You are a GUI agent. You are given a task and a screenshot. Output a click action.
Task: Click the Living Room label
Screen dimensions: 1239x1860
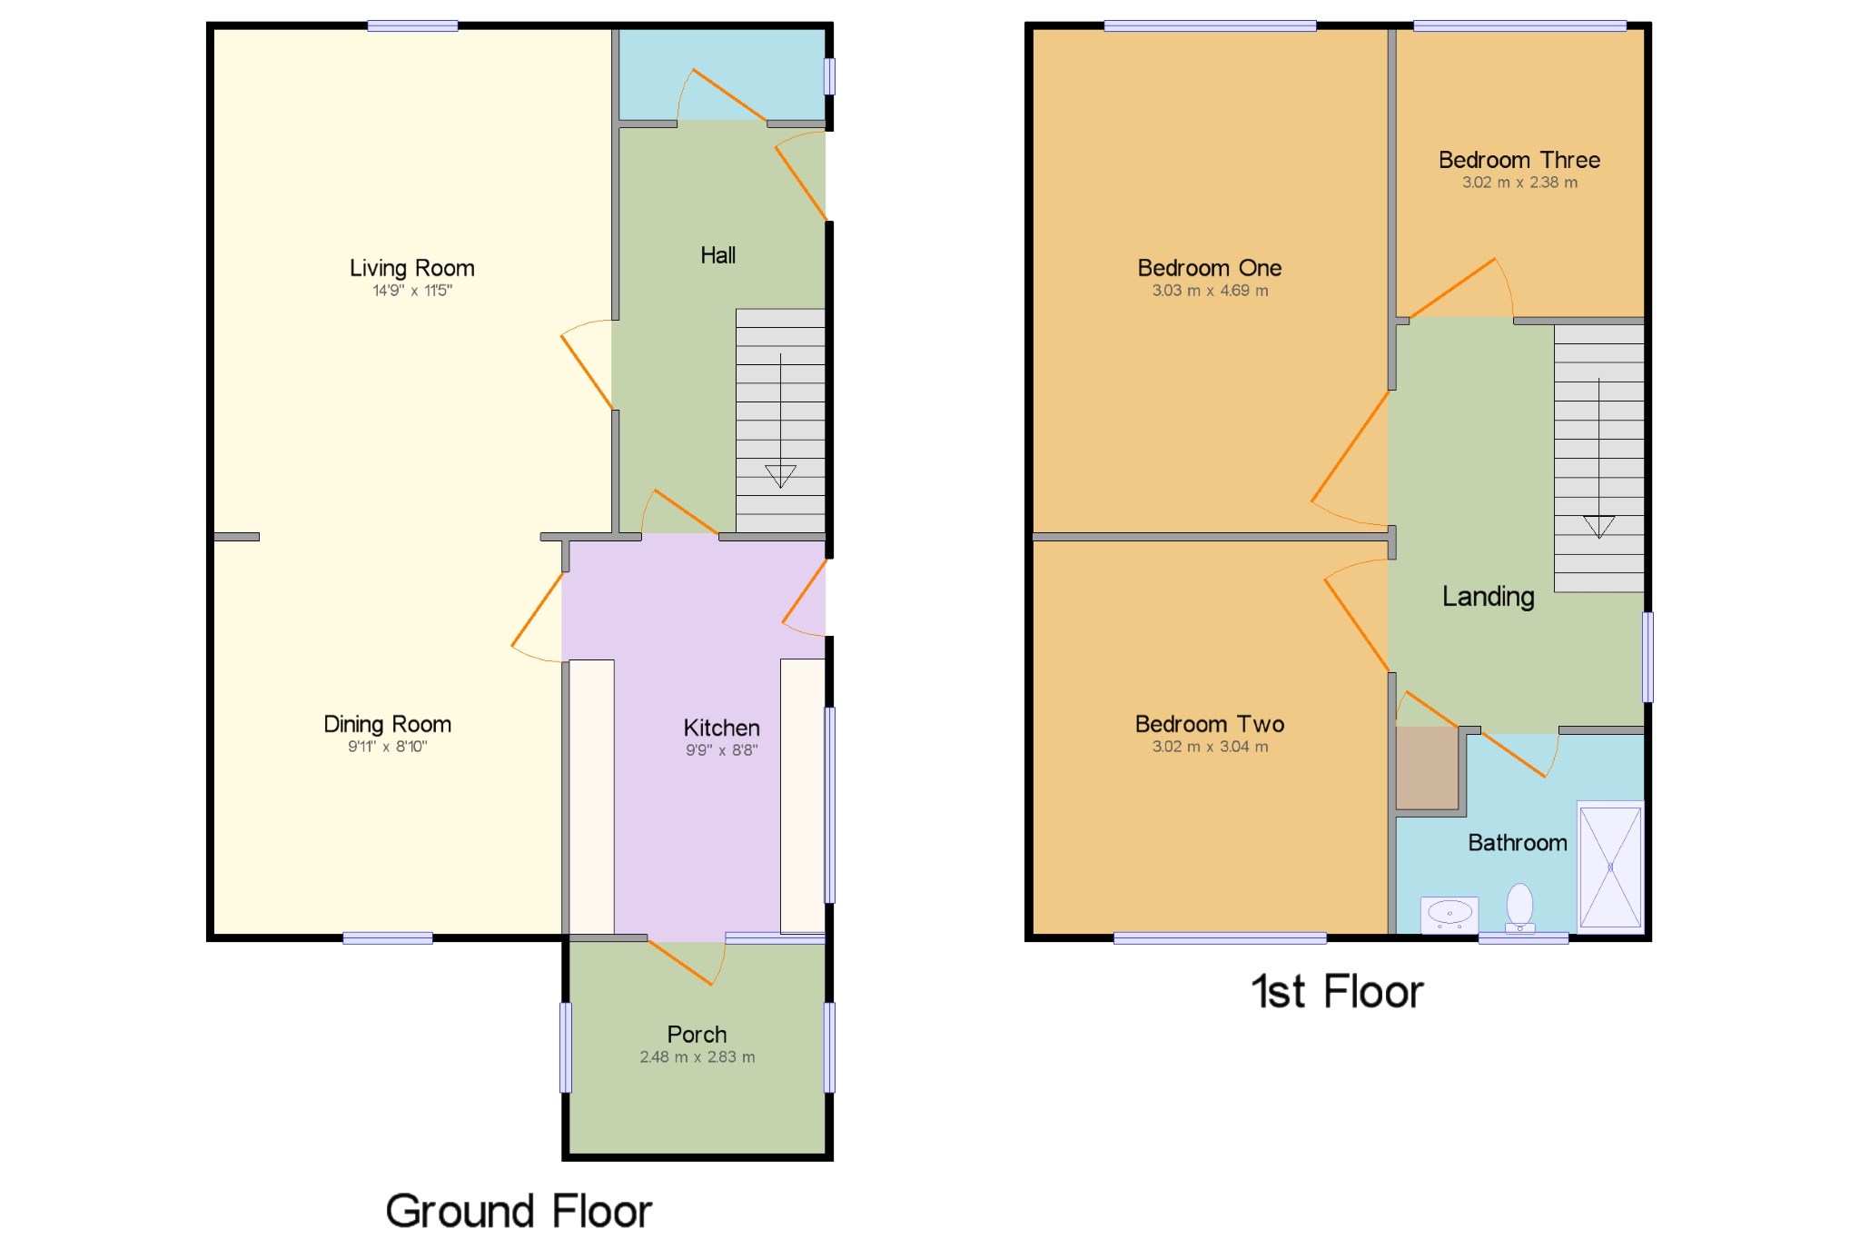[411, 268]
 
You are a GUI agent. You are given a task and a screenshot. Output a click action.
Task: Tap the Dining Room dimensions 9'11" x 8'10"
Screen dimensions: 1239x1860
[387, 747]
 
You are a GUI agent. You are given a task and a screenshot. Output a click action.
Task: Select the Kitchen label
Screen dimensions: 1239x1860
[721, 728]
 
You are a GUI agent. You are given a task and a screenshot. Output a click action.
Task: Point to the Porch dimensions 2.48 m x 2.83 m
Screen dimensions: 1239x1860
[697, 1057]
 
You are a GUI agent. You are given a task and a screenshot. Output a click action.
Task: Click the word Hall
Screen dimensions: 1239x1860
[717, 255]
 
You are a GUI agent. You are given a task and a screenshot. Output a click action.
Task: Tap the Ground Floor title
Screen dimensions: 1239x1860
[519, 1211]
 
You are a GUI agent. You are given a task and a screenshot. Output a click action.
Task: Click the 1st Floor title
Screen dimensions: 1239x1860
[1337, 991]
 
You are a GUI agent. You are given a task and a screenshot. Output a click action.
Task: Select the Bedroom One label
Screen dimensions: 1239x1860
[1209, 268]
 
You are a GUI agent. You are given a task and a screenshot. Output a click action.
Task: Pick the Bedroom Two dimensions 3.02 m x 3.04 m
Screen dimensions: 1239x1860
[1210, 747]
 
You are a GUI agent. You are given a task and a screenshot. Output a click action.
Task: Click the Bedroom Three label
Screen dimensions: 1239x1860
[1519, 160]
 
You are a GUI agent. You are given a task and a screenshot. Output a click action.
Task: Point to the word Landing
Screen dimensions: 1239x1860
[1488, 596]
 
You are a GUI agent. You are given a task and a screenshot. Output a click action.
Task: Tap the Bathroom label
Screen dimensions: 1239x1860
[1517, 843]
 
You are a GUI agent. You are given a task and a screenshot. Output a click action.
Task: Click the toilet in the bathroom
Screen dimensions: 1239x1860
[1519, 907]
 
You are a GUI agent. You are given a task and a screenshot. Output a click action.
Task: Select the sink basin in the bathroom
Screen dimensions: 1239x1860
[1449, 913]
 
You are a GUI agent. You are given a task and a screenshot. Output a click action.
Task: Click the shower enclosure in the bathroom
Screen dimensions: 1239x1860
[1610, 867]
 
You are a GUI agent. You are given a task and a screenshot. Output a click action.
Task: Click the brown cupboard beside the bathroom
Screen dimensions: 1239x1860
[1426, 768]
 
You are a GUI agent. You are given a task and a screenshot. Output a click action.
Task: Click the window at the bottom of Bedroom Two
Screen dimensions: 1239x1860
[1219, 938]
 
